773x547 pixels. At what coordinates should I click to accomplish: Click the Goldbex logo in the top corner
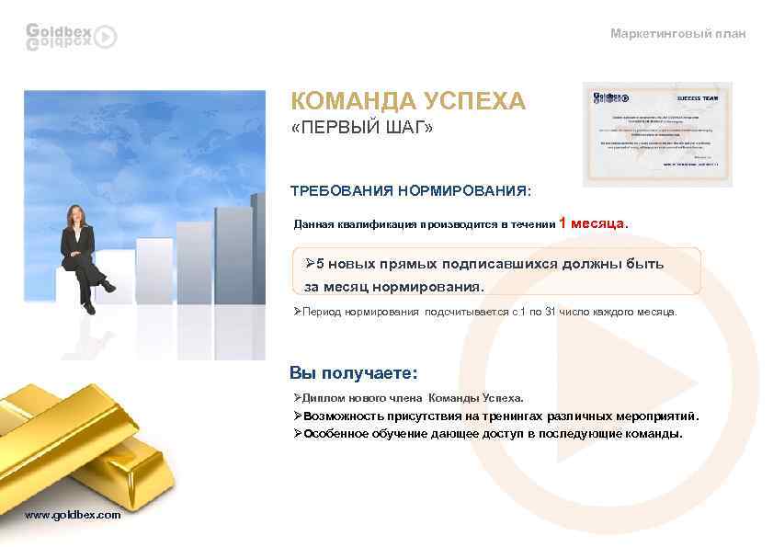[x=71, y=36]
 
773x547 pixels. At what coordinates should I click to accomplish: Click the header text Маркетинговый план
[x=678, y=34]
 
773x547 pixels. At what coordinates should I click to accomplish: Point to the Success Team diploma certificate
[x=657, y=134]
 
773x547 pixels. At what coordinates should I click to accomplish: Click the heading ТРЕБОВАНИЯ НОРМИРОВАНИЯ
[x=410, y=192]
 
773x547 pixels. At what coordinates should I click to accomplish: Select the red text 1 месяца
[x=594, y=222]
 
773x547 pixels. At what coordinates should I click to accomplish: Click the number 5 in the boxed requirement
[x=321, y=264]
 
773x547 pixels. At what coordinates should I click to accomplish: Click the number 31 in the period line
[x=551, y=312]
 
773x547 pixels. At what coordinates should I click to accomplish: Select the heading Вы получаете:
[x=353, y=372]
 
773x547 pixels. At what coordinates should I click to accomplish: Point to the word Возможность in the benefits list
[x=348, y=416]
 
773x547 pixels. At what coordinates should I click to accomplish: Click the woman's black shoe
[x=89, y=308]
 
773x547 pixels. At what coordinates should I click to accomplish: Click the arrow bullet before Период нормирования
[x=297, y=312]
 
